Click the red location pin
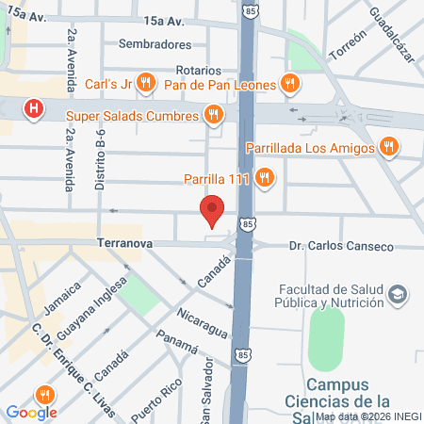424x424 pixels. [x=213, y=212]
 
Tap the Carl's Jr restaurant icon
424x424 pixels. [x=144, y=84]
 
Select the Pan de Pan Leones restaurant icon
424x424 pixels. [x=291, y=84]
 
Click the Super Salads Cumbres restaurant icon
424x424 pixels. [x=214, y=115]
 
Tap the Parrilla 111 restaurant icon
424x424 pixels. [x=265, y=176]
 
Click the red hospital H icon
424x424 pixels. [x=35, y=108]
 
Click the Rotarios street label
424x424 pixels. [x=199, y=71]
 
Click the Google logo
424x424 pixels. [x=30, y=412]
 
